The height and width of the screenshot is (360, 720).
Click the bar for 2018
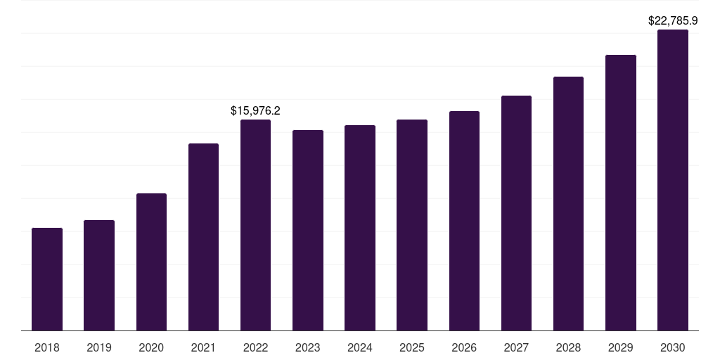(47, 279)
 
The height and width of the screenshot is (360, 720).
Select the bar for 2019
(99, 275)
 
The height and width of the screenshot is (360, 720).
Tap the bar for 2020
(151, 262)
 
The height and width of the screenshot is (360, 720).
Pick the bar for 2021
(203, 237)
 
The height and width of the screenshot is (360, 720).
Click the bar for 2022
(255, 225)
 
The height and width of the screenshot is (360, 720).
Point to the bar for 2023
(308, 230)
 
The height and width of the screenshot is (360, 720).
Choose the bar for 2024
(360, 228)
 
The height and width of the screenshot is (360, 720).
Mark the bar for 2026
(464, 221)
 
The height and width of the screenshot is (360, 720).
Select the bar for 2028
(568, 203)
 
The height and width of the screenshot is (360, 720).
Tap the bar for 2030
(673, 180)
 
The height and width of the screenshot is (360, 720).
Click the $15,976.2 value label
(255, 110)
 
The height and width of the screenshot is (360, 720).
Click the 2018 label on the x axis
(47, 347)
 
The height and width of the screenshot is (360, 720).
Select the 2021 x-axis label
(203, 347)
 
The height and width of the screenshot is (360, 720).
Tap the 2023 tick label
(308, 347)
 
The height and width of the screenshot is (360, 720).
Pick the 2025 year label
(412, 347)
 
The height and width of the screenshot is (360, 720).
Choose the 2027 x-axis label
(516, 347)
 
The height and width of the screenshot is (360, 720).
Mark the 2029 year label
(621, 347)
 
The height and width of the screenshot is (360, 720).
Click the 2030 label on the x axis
(673, 347)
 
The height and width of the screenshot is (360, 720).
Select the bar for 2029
(621, 193)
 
